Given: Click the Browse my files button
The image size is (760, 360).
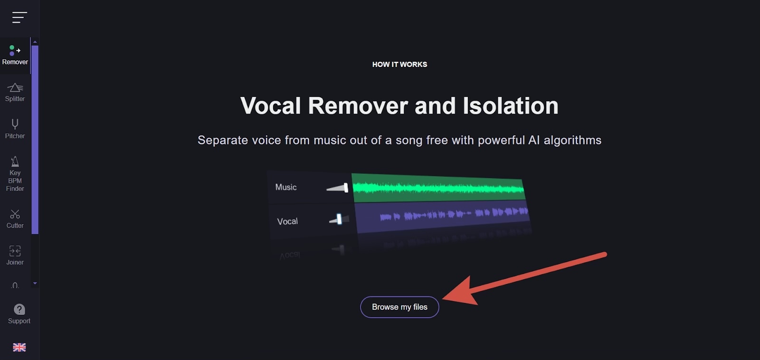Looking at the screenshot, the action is (399, 307).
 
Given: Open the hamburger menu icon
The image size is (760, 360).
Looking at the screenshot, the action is (19, 17).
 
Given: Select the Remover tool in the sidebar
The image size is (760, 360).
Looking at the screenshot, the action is (15, 55).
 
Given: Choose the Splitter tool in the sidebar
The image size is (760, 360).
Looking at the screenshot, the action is (15, 92).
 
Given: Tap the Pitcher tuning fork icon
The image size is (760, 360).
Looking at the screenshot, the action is (15, 124).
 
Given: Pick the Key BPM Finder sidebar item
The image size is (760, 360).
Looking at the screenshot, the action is (15, 174).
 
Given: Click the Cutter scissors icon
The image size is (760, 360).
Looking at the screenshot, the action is (15, 214).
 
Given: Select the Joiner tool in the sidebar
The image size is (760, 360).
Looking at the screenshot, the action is (15, 255).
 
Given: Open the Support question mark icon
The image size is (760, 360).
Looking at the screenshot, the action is (19, 309).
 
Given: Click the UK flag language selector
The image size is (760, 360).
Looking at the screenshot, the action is (19, 347).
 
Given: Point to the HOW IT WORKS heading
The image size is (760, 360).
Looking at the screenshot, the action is (399, 65).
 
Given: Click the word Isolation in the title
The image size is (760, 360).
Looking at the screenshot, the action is (511, 105).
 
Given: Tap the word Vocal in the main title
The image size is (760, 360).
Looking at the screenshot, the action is (270, 105).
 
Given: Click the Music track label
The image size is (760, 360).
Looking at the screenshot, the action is (285, 187).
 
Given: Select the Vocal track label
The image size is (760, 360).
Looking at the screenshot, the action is (287, 222).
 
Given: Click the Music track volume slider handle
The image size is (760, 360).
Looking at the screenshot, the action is (346, 188).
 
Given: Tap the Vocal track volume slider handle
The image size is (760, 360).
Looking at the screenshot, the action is (339, 219).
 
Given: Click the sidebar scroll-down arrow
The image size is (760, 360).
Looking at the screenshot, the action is (35, 284).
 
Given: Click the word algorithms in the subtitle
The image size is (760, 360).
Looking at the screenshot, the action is (572, 140).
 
